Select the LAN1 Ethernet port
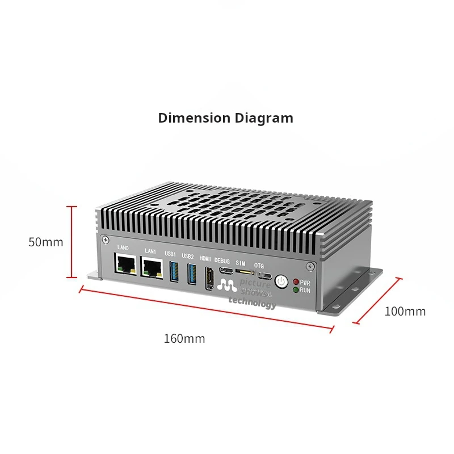(x=151, y=266)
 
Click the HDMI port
(x=209, y=278)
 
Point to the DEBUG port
(x=225, y=269)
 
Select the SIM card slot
(x=245, y=272)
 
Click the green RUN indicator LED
(x=296, y=290)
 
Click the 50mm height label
(x=46, y=242)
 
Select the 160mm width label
(x=184, y=339)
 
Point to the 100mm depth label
(x=405, y=311)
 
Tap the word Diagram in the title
(x=264, y=118)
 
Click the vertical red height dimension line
(x=72, y=242)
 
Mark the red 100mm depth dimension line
(x=379, y=301)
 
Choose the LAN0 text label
(x=123, y=248)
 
